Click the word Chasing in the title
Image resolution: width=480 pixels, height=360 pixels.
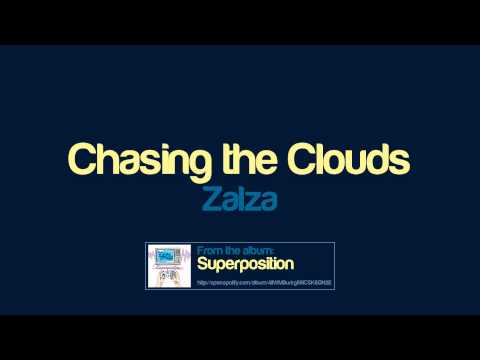click(121, 160)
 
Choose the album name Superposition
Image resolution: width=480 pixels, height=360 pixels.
click(244, 266)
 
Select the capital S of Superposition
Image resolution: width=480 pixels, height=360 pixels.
click(202, 266)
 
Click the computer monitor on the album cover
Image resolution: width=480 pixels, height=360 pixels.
click(169, 258)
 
